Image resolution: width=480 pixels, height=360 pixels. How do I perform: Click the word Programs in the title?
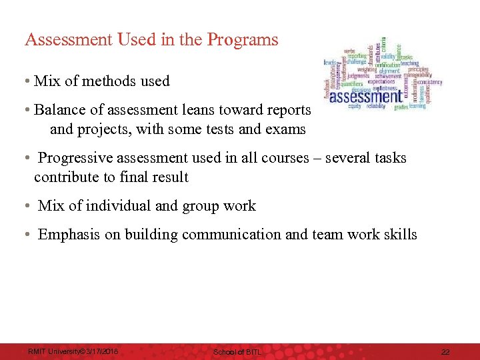coord(243,40)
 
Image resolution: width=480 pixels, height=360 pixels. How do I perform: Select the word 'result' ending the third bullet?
coord(168,177)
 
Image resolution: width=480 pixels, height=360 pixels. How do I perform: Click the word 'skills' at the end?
coord(399,235)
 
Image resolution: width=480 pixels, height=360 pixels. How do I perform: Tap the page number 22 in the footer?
coord(445,351)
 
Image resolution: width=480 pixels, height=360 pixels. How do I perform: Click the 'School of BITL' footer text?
coord(238,351)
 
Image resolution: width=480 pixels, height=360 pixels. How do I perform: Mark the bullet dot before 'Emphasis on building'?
coord(25,235)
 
